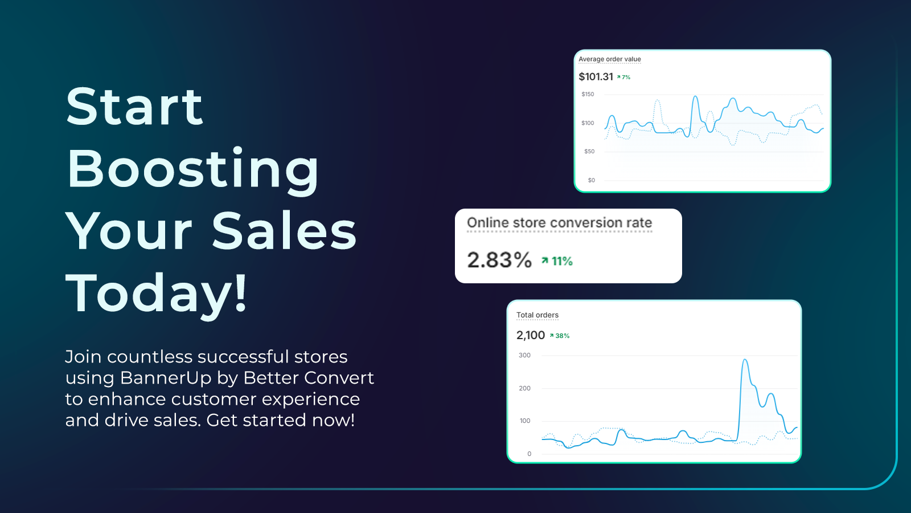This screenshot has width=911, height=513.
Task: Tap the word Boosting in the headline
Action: (x=193, y=169)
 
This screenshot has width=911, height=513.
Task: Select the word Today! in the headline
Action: (x=157, y=293)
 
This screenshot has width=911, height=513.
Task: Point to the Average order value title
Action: (x=610, y=59)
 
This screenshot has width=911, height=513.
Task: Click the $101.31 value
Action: (x=596, y=77)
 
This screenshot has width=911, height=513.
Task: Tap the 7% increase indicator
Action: (x=624, y=78)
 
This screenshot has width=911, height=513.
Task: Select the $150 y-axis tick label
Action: (x=588, y=95)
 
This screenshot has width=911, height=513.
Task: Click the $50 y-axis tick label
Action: (x=589, y=152)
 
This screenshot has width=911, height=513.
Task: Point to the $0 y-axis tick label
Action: (x=592, y=181)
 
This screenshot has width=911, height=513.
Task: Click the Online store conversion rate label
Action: (x=559, y=223)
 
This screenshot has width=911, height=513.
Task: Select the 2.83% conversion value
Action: (x=499, y=260)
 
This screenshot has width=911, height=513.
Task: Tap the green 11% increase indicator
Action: (x=557, y=261)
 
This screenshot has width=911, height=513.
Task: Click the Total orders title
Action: (x=537, y=315)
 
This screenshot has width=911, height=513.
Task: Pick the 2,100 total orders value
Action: (x=531, y=336)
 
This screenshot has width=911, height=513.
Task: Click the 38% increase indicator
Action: (x=560, y=336)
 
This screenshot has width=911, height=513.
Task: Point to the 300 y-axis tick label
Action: (x=524, y=356)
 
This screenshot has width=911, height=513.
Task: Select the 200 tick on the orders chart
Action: (x=524, y=389)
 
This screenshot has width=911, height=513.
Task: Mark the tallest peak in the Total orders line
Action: (x=745, y=360)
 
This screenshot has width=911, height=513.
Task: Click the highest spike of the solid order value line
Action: (x=695, y=97)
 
